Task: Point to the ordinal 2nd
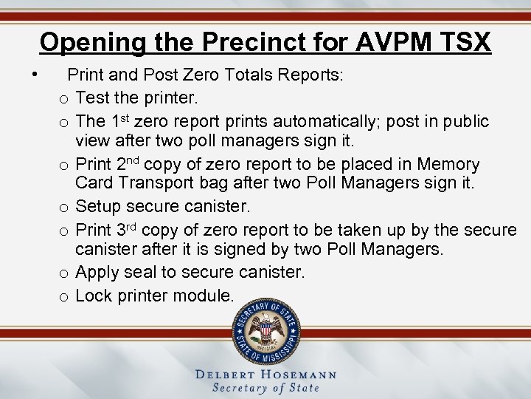coord(130,164)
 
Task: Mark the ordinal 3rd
coord(129,229)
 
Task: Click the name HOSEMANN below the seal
coord(296,375)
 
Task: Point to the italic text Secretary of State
coord(265,388)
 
